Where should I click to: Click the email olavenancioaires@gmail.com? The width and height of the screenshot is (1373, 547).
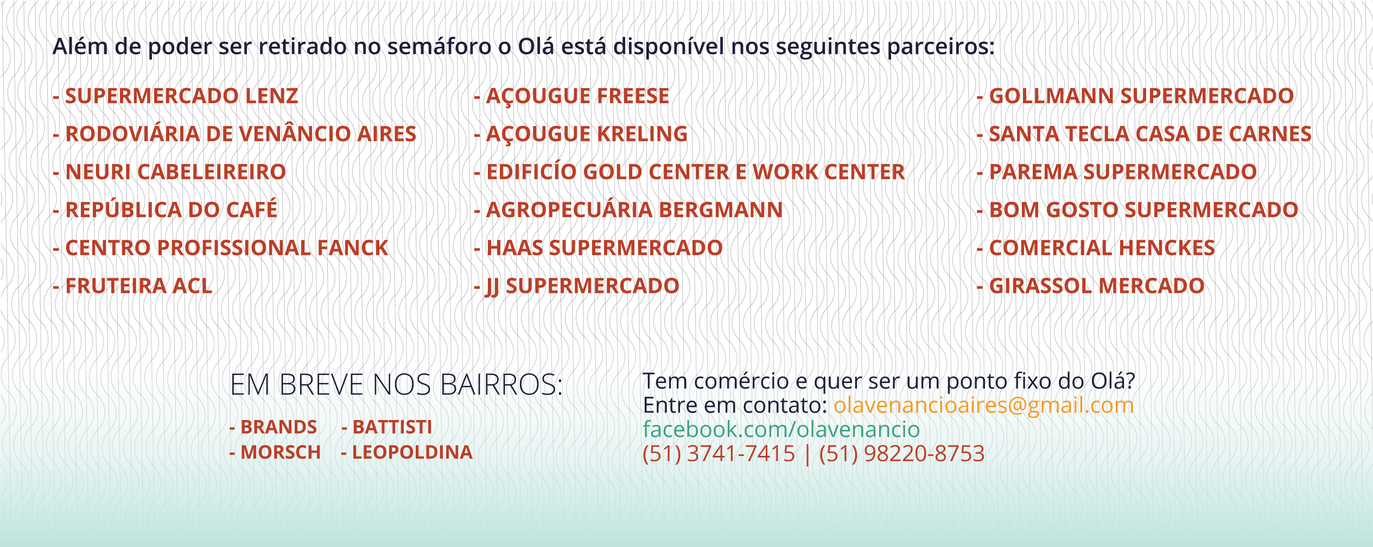click(x=984, y=406)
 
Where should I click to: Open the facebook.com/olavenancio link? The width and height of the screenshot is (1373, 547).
click(x=781, y=429)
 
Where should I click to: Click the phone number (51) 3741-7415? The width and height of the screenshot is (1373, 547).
click(x=719, y=454)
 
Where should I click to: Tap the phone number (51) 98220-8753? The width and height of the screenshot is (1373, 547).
click(x=902, y=454)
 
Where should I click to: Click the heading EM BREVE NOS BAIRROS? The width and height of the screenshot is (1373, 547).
click(x=397, y=385)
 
